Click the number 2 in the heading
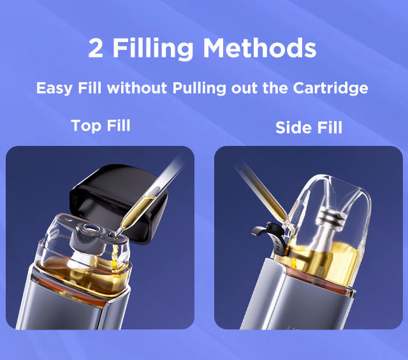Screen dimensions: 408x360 click(96, 48)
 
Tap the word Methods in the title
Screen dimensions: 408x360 click(259, 48)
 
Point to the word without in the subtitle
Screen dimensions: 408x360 click(137, 88)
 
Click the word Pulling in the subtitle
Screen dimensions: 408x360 click(200, 89)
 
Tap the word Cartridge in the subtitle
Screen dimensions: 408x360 click(330, 89)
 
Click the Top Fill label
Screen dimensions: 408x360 click(101, 126)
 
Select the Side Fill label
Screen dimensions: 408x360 click(309, 127)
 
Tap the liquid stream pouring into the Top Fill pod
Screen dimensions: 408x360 click(115, 257)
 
